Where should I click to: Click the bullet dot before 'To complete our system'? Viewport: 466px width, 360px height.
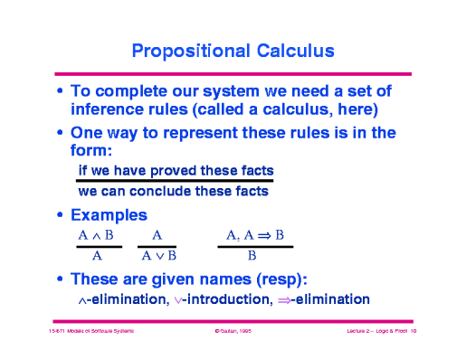(x=60, y=92)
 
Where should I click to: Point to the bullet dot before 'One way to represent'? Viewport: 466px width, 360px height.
(x=60, y=133)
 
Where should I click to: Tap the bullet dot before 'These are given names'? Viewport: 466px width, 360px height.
(x=60, y=279)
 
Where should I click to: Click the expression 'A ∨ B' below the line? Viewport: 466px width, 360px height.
(x=157, y=256)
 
